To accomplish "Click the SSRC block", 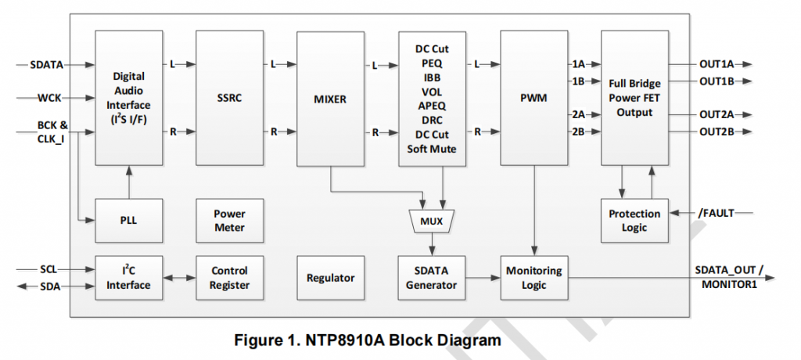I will [x=229, y=98].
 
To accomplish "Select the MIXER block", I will [x=330, y=98].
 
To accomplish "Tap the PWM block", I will [x=533, y=98].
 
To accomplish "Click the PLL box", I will [x=128, y=221].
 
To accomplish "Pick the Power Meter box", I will [x=229, y=221].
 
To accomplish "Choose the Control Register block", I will [x=229, y=278].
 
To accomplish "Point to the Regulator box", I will [x=330, y=278].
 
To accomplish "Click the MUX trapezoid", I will [x=431, y=221].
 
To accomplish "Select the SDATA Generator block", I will [x=431, y=278].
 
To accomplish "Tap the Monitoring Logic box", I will [x=533, y=278].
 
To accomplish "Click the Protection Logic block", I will [x=634, y=221].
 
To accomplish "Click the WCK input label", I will [x=50, y=99].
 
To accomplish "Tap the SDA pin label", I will [x=49, y=286].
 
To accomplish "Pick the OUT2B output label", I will [x=715, y=131].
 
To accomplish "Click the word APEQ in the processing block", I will [x=431, y=106].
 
